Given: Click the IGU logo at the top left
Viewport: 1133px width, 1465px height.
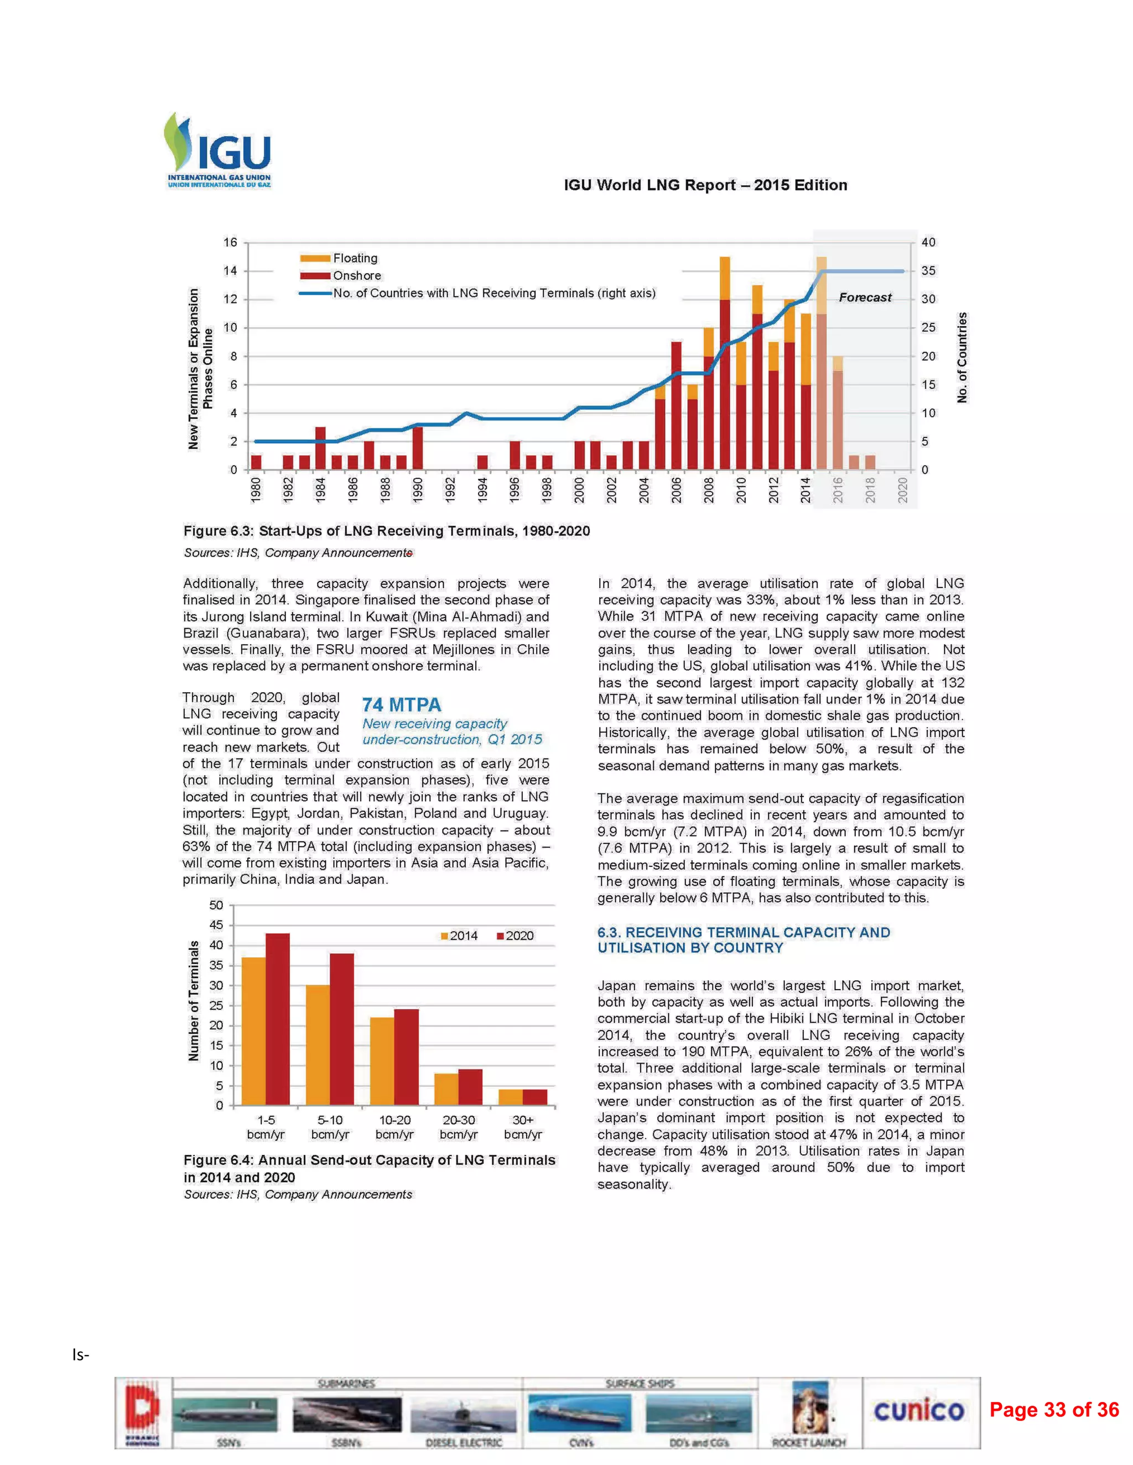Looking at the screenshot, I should coord(218,150).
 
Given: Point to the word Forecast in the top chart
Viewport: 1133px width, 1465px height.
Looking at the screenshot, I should coord(865,297).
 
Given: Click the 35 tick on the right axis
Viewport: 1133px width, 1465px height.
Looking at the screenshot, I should coord(928,271).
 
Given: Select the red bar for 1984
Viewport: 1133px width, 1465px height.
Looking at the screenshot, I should coord(320,448).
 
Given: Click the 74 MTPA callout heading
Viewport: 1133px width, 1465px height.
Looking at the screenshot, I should coord(402,705).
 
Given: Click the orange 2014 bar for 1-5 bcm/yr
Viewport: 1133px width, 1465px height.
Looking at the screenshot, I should coord(253,1032).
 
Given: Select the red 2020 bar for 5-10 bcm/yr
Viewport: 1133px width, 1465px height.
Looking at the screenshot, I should coord(342,1029).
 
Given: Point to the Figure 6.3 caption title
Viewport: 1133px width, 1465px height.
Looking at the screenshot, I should coord(387,531).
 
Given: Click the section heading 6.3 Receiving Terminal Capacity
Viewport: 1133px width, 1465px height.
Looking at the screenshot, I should coord(744,940).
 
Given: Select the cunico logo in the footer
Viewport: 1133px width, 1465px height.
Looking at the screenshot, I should coord(919,1411).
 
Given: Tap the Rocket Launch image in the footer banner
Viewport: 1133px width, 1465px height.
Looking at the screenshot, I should coord(809,1411).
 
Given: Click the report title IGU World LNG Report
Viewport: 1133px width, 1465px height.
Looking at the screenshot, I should coord(705,185).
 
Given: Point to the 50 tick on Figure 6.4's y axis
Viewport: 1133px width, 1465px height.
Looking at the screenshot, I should coord(216,905).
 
